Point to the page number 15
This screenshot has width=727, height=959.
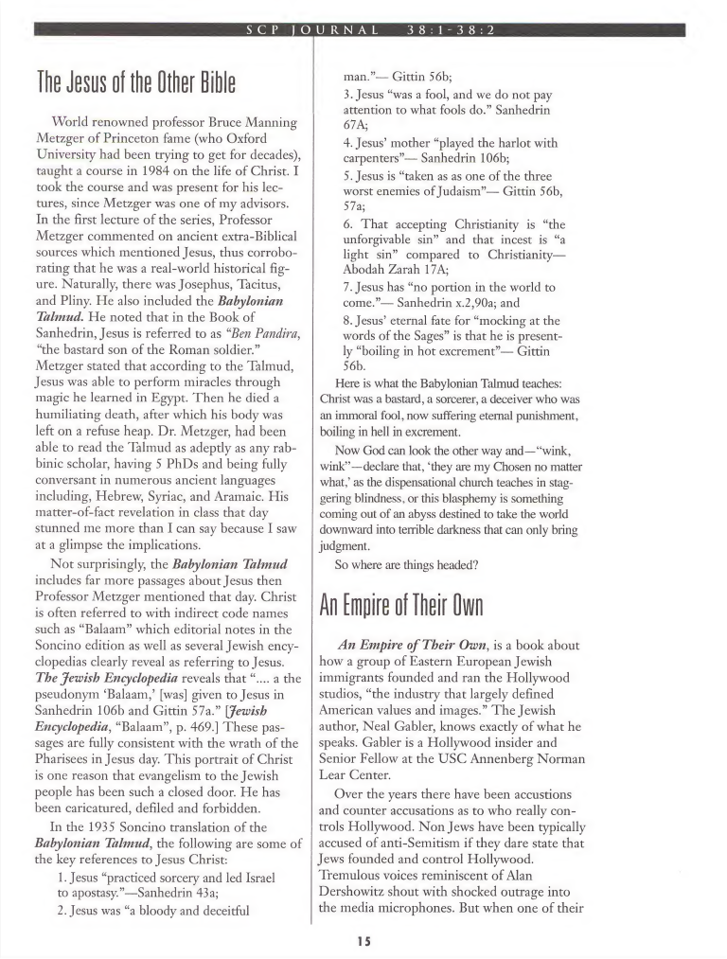[x=363, y=942]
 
